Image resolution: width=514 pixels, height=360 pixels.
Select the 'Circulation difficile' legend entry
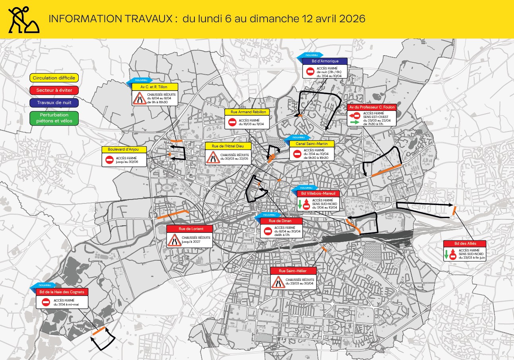coord(54,78)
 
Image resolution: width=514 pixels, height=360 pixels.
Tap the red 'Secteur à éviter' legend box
coord(54,90)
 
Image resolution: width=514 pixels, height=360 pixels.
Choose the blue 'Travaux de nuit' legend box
coord(54,103)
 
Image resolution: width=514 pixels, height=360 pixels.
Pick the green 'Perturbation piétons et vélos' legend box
coord(54,118)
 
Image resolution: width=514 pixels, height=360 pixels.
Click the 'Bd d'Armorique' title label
coord(325,61)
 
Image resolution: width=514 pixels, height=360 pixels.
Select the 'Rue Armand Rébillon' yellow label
coord(247,112)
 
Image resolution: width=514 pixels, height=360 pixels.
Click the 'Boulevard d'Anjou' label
coord(124,149)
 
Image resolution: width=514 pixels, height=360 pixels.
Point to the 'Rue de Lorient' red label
coord(190,229)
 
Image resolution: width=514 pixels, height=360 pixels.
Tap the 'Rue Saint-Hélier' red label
coord(293,271)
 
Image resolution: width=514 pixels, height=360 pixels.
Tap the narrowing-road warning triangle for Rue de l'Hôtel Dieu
coord(213,157)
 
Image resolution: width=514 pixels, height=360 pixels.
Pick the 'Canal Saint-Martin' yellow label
coord(312,143)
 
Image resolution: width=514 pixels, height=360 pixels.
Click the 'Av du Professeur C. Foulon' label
coord(371,107)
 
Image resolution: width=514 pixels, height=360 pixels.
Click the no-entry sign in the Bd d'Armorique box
coord(310,72)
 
